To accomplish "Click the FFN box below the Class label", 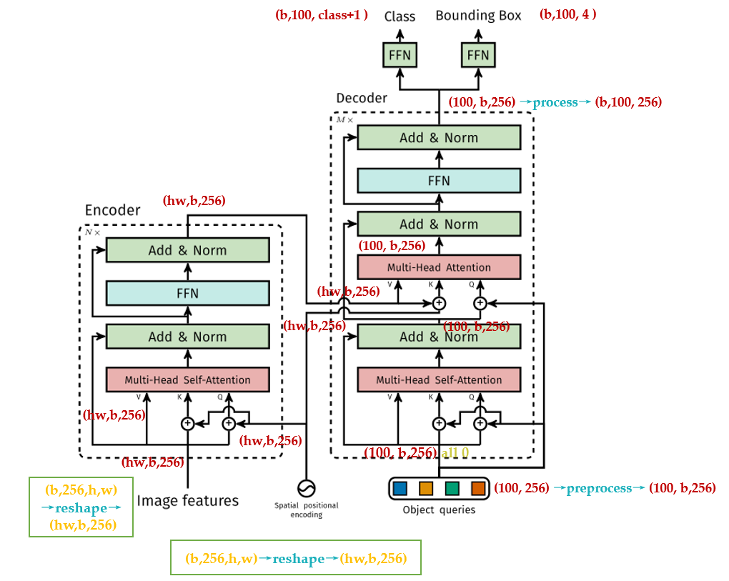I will coord(400,54).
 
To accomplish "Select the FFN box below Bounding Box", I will coord(478,54).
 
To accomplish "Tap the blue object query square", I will coord(400,489).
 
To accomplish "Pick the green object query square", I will coord(452,489).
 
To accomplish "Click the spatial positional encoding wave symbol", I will coord(307,488).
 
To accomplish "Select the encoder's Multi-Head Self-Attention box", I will coord(187,379).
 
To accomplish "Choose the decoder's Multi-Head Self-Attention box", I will coord(439,379).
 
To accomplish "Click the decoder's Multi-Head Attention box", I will coord(439,267).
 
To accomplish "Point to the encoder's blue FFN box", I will coord(187,293).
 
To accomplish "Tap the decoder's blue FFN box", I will coord(439,181).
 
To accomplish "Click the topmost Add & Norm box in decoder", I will coord(439,138).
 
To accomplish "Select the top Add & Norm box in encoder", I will coord(187,250).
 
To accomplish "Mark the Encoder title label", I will coord(113,210).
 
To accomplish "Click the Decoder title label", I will coord(362,98).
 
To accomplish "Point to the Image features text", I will coord(187,500).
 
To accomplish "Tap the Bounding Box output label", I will coord(478,16).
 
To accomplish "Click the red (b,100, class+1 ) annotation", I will coord(321,15).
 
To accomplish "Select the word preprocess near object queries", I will coord(599,489).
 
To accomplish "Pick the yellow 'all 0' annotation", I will coord(455,452).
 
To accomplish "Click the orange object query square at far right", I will coord(478,489).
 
